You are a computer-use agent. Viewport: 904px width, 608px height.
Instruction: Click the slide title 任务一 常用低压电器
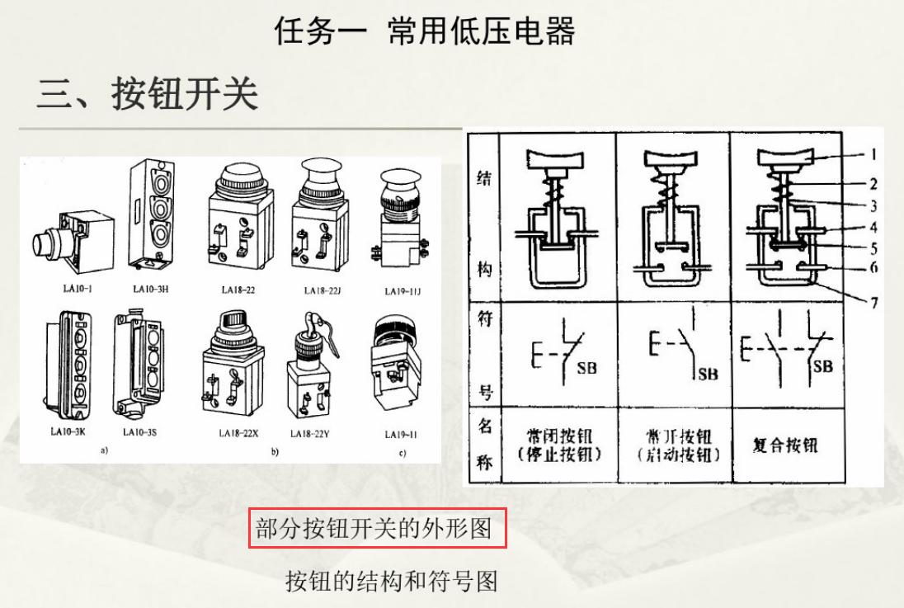click(425, 31)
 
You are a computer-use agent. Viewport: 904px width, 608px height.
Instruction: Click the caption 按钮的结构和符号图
click(392, 581)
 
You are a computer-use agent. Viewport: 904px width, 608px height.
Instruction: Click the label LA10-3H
click(151, 290)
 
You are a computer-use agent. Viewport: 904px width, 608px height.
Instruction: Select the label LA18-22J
click(323, 290)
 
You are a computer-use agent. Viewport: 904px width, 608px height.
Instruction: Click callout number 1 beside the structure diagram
click(873, 154)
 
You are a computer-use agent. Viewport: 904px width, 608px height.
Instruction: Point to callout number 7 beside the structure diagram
click(873, 303)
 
